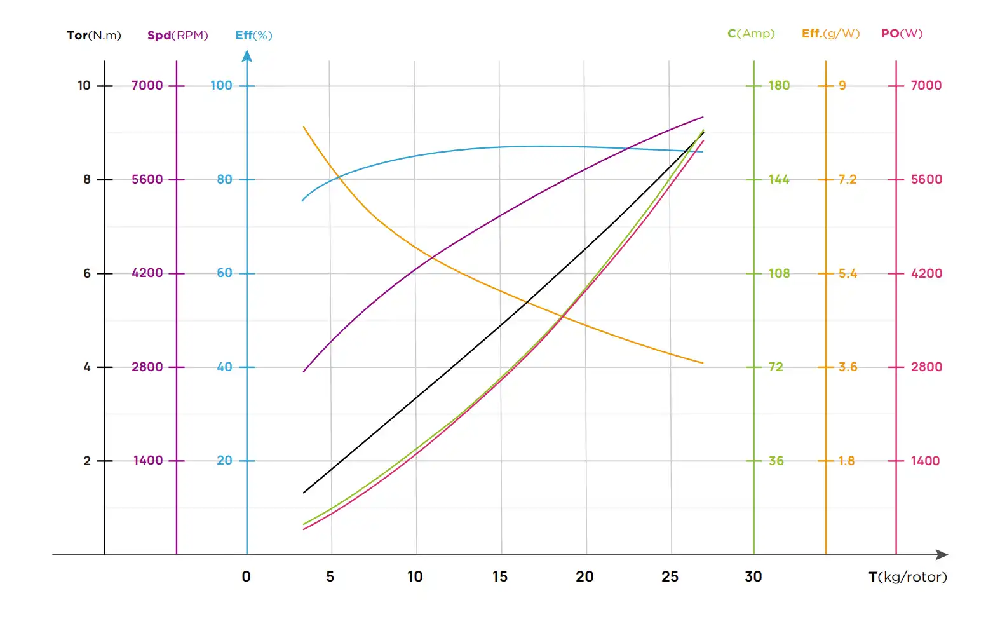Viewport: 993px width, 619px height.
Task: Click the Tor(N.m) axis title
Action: (93, 36)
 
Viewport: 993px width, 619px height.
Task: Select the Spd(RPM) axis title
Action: (177, 36)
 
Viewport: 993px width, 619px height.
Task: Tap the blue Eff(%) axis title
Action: (253, 36)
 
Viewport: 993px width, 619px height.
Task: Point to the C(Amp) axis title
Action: (751, 34)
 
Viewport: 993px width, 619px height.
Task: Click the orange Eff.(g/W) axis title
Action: (830, 34)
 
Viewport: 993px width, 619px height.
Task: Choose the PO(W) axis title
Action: (902, 34)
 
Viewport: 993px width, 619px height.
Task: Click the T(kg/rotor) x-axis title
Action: (907, 577)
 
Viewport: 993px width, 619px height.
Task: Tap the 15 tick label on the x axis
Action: (500, 577)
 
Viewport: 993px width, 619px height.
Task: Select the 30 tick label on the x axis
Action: (753, 577)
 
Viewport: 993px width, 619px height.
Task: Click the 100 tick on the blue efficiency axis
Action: (222, 86)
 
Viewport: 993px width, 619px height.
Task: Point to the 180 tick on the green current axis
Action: (779, 86)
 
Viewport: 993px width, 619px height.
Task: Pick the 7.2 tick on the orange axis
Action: (847, 180)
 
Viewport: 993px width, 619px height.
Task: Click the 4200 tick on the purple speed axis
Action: (147, 273)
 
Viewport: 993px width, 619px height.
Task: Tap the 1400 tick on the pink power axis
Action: (925, 461)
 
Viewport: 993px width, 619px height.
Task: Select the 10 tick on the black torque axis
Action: (84, 86)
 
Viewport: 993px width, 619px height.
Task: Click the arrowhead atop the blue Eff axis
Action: (247, 56)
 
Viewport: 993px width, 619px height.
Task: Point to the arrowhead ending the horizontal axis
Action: (942, 555)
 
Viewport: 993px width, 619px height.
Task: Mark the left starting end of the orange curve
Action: (304, 127)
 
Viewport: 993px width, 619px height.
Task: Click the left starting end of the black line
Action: (304, 493)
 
